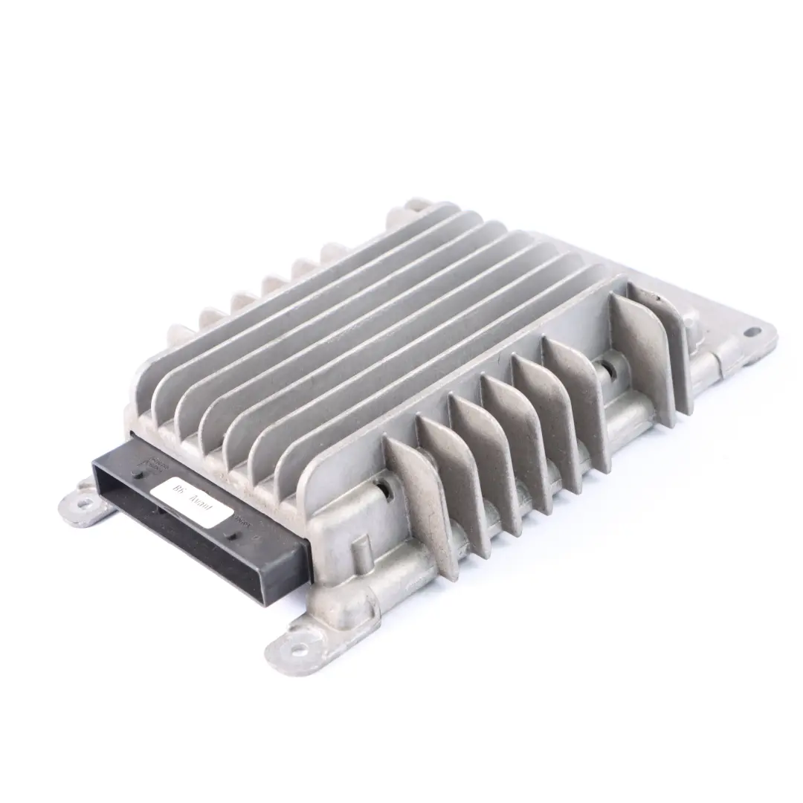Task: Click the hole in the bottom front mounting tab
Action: (x=298, y=648)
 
